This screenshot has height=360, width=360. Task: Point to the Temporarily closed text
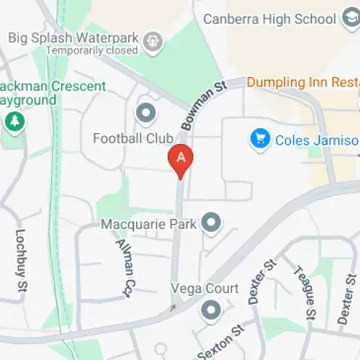91,51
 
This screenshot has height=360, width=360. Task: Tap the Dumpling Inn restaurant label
302,82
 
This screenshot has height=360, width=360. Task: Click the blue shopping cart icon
259,139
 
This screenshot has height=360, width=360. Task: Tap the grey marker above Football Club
146,113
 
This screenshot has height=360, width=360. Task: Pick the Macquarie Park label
149,225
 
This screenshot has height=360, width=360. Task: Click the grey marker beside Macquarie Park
211,224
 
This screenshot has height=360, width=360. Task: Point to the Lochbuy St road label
20,261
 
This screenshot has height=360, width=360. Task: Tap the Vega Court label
204,289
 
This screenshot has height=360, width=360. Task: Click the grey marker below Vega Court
211,312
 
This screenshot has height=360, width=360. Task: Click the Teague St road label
302,295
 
